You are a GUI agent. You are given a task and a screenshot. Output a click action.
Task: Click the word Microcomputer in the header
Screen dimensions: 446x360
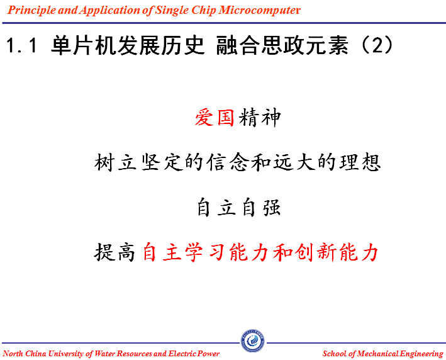click(x=259, y=10)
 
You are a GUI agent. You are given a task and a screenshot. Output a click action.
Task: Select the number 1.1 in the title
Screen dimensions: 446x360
click(x=21, y=45)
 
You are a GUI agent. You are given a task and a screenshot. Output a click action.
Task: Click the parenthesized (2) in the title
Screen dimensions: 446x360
click(x=377, y=45)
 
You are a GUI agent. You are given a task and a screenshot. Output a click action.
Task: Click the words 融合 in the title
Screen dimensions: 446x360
click(x=238, y=45)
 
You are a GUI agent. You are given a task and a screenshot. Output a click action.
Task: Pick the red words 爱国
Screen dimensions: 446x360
click(x=215, y=117)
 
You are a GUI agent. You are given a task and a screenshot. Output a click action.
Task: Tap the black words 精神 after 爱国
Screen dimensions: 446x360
click(x=260, y=117)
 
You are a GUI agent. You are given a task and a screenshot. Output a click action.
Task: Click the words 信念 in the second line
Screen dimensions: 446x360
click(x=228, y=162)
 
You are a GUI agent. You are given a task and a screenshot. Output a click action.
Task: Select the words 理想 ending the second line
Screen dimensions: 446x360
click(x=360, y=162)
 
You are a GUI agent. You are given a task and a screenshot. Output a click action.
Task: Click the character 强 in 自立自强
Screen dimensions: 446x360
click(x=272, y=208)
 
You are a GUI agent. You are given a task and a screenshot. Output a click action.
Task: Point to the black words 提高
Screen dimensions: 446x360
click(x=114, y=252)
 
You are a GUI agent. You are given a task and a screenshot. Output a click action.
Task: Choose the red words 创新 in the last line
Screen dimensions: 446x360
click(x=315, y=252)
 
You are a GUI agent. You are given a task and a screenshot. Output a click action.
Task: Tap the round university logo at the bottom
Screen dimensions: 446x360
click(x=253, y=341)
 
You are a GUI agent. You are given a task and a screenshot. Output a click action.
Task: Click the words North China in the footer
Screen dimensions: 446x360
click(x=25, y=354)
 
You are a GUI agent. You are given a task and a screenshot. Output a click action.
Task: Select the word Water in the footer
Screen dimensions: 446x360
click(x=104, y=354)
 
